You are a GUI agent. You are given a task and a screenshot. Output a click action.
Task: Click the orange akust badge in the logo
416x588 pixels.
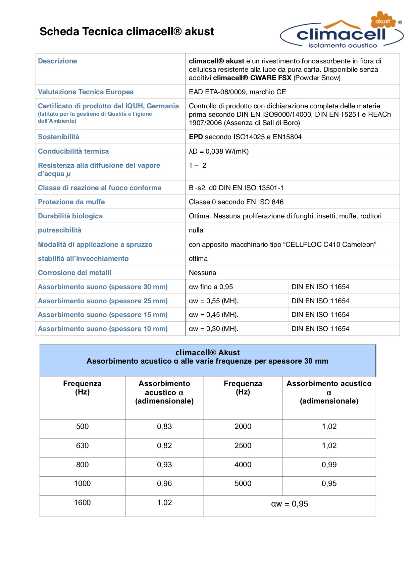tap(383, 21)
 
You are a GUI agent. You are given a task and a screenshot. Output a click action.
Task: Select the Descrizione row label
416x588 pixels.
tap(57, 61)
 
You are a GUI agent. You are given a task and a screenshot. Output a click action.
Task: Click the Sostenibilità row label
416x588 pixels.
tap(59, 137)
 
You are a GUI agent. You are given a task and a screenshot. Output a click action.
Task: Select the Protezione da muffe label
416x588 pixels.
tap(71, 202)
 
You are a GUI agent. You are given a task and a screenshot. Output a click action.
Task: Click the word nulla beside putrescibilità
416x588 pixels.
tap(196, 230)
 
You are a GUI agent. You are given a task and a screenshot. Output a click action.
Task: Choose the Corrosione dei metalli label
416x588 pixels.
tap(74, 273)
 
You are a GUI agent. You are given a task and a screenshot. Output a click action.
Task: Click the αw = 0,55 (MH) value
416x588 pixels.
tap(214, 301)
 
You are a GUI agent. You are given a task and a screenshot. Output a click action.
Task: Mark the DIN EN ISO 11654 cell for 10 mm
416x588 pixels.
tap(320, 329)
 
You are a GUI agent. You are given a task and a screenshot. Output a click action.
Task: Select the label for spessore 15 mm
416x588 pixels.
tap(103, 315)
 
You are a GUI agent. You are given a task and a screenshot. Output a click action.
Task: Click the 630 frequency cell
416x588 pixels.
tap(82, 445)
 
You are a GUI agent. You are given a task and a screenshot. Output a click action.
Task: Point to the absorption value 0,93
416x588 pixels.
tap(164, 465)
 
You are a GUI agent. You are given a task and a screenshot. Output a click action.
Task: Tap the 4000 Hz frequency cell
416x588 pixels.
tap(243, 465)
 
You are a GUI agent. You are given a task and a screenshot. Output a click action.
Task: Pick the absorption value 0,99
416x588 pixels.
tap(329, 465)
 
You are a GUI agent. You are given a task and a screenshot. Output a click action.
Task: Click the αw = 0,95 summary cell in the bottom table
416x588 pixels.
tap(290, 504)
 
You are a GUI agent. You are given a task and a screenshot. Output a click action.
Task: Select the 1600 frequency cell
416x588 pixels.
tap(82, 502)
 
